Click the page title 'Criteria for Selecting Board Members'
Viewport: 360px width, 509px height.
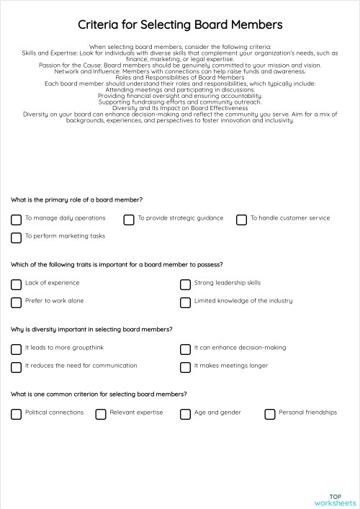click(180, 25)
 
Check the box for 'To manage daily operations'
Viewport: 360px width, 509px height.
click(16, 219)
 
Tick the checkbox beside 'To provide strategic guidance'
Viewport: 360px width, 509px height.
click(129, 219)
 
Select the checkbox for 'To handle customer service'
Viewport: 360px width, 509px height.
click(242, 219)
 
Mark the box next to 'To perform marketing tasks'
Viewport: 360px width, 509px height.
click(16, 237)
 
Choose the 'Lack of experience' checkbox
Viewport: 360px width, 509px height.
click(16, 284)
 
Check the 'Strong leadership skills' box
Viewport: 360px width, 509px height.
click(185, 284)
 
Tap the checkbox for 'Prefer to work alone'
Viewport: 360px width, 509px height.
click(16, 302)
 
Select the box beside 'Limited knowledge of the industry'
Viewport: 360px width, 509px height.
click(185, 302)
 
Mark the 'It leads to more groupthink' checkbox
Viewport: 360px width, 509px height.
click(16, 348)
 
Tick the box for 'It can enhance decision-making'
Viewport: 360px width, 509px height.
click(185, 348)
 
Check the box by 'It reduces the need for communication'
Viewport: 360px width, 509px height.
click(16, 366)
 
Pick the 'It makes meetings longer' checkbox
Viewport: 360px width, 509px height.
click(185, 366)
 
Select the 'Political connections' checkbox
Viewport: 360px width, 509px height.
click(16, 413)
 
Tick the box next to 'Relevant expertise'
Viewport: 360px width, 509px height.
click(101, 413)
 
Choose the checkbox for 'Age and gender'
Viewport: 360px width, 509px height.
click(185, 413)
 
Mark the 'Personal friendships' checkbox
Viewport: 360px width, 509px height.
click(270, 413)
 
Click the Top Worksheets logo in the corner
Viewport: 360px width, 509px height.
click(335, 500)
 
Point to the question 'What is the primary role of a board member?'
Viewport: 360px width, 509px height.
click(76, 199)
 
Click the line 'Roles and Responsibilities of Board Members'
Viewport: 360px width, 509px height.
click(180, 77)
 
